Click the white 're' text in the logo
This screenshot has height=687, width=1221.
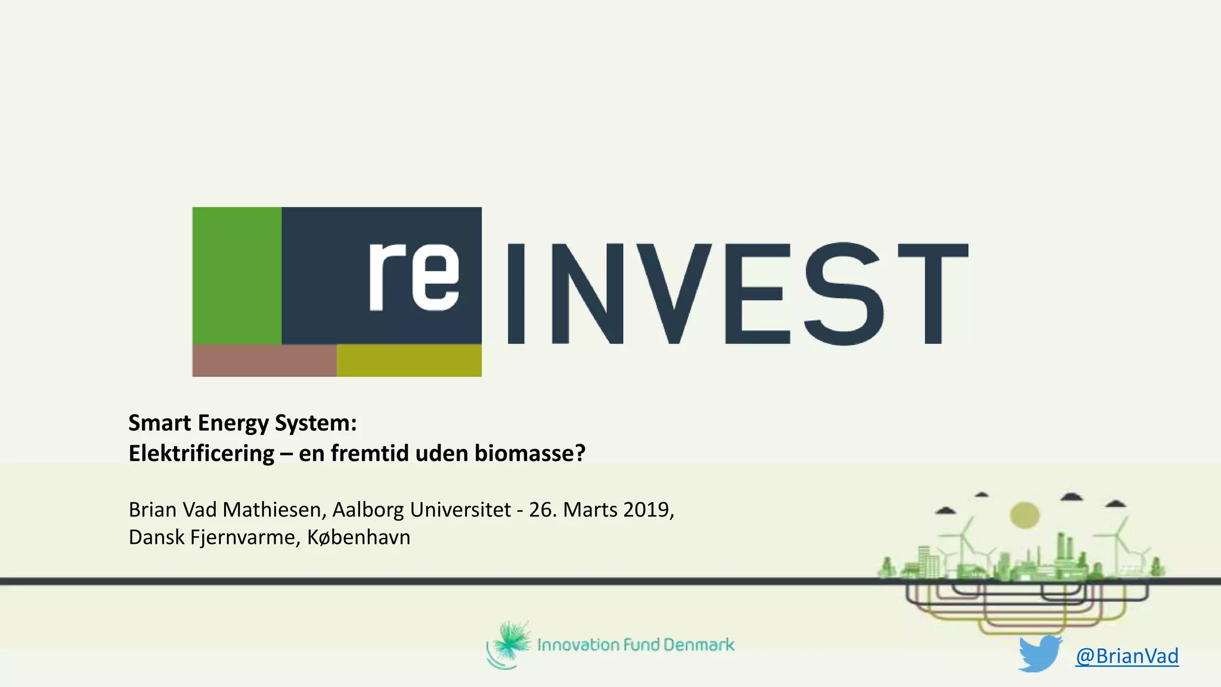click(414, 277)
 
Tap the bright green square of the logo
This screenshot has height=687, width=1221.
click(237, 276)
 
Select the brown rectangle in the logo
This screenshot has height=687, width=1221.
click(264, 360)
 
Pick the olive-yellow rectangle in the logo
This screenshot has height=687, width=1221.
click(409, 360)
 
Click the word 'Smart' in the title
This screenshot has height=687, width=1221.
click(160, 423)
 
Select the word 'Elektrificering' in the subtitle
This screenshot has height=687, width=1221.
click(202, 453)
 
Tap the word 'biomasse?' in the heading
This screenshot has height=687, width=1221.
click(530, 453)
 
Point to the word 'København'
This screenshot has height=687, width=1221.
click(358, 537)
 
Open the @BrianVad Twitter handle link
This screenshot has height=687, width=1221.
click(1127, 656)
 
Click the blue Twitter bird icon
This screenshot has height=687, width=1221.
click(1040, 654)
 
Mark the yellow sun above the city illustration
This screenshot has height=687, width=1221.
click(1024, 515)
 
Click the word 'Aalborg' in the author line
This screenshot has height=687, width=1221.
click(368, 510)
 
